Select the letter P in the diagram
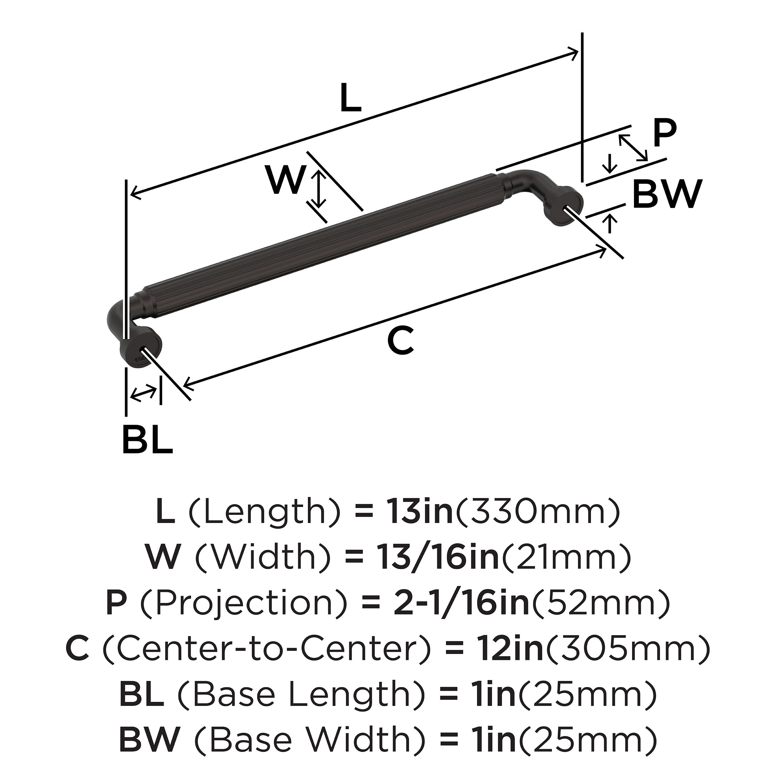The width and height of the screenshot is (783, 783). tap(665, 134)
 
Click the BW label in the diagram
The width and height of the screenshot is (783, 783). tap(667, 194)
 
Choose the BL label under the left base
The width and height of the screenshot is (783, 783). tap(148, 439)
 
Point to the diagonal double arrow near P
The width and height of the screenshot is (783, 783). tap(633, 148)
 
